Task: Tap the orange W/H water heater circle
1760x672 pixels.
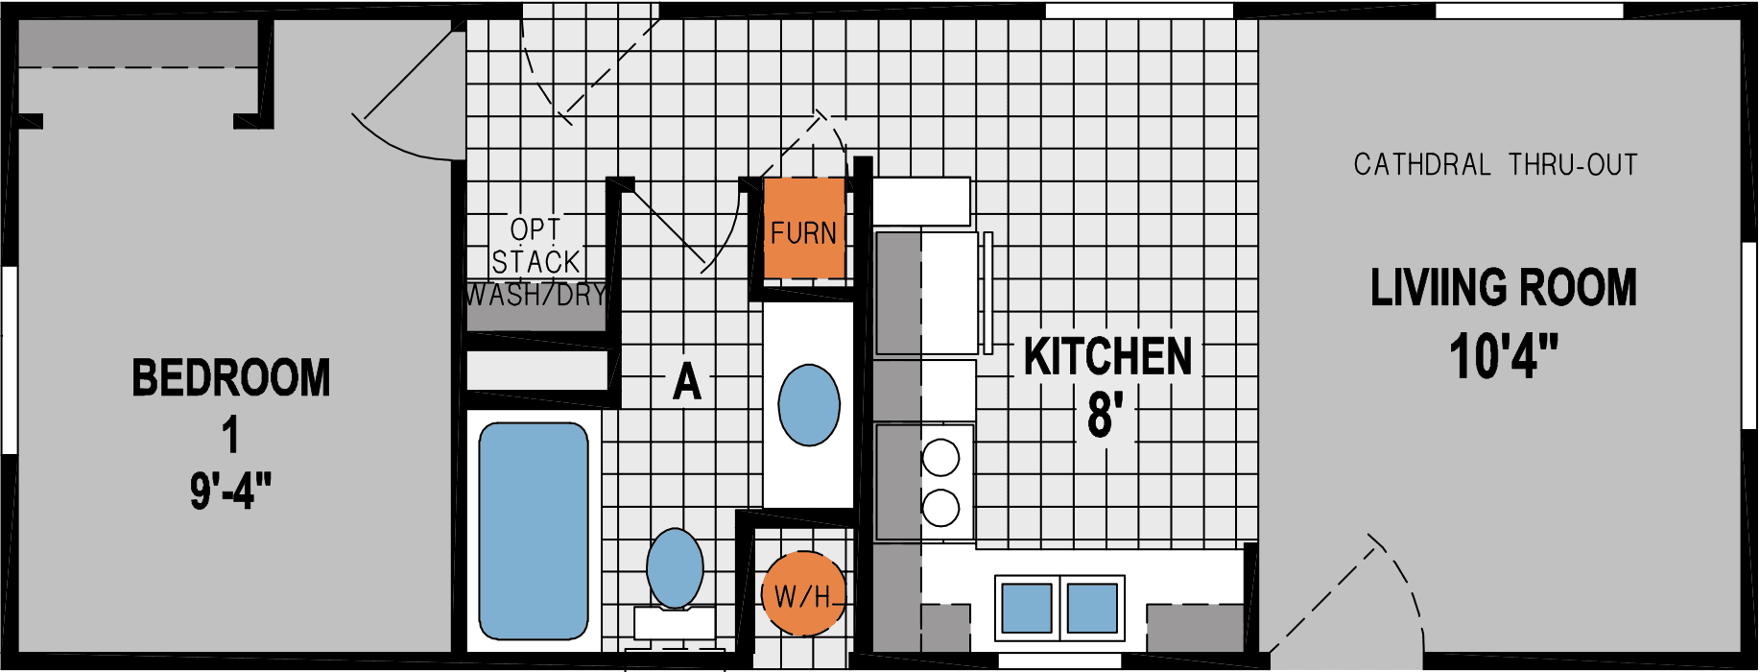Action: click(x=803, y=593)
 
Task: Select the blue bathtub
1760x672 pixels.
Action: click(x=534, y=531)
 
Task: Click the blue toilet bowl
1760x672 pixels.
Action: click(x=675, y=567)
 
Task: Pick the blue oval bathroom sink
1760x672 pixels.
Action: click(x=809, y=405)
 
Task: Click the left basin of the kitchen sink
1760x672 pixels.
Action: click(x=1026, y=608)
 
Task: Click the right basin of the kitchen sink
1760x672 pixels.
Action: click(x=1092, y=608)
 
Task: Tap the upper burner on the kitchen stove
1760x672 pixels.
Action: click(x=940, y=458)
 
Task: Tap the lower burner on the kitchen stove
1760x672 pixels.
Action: click(x=940, y=508)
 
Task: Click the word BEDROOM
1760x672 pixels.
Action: click(x=231, y=377)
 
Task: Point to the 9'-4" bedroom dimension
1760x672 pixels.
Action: click(x=230, y=492)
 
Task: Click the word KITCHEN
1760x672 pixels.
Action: click(x=1107, y=356)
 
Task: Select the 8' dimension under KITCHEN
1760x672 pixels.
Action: click(x=1106, y=415)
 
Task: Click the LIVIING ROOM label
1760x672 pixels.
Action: click(x=1503, y=288)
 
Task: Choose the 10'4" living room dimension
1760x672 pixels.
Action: click(x=1503, y=356)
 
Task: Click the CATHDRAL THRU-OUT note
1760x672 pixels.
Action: click(x=1495, y=165)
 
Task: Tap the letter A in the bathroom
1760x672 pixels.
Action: click(x=687, y=382)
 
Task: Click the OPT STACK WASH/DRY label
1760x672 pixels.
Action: click(x=535, y=262)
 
